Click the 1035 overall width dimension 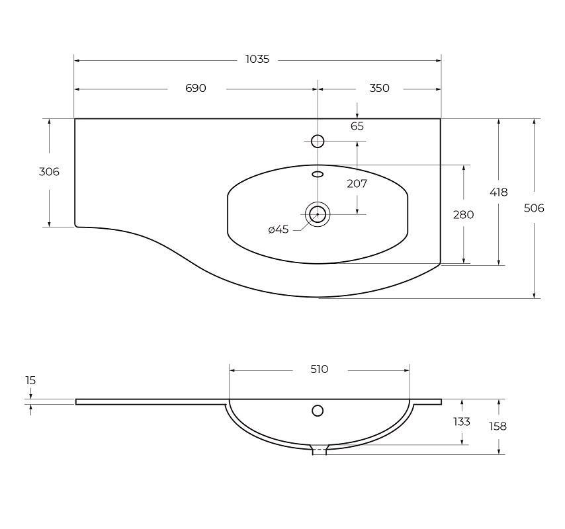click(x=257, y=60)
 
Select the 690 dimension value click(x=196, y=88)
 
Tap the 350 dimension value click(x=379, y=88)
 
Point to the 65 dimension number click(x=357, y=126)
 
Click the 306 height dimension click(x=49, y=172)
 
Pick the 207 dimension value click(x=357, y=184)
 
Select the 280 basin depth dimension click(x=463, y=215)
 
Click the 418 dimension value click(x=498, y=192)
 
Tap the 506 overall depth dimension click(x=534, y=208)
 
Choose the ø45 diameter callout click(x=279, y=229)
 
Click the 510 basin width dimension click(x=319, y=369)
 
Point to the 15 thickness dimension click(x=30, y=380)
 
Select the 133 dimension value click(x=462, y=421)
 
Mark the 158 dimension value click(x=498, y=427)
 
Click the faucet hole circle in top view click(x=318, y=141)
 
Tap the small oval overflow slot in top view click(x=318, y=175)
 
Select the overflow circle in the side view click(x=318, y=411)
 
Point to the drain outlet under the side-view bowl click(x=319, y=450)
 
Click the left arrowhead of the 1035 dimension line click(x=77, y=60)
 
